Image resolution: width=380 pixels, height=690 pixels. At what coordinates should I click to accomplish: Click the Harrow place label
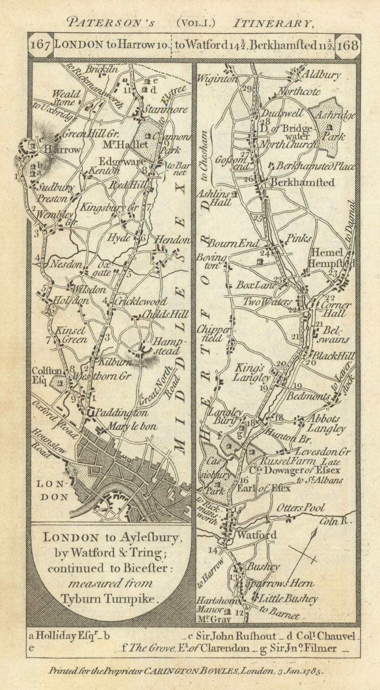click(64, 150)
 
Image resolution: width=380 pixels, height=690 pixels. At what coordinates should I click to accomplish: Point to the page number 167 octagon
click(41, 45)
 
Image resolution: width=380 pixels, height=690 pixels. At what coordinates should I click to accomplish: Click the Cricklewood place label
click(134, 302)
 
